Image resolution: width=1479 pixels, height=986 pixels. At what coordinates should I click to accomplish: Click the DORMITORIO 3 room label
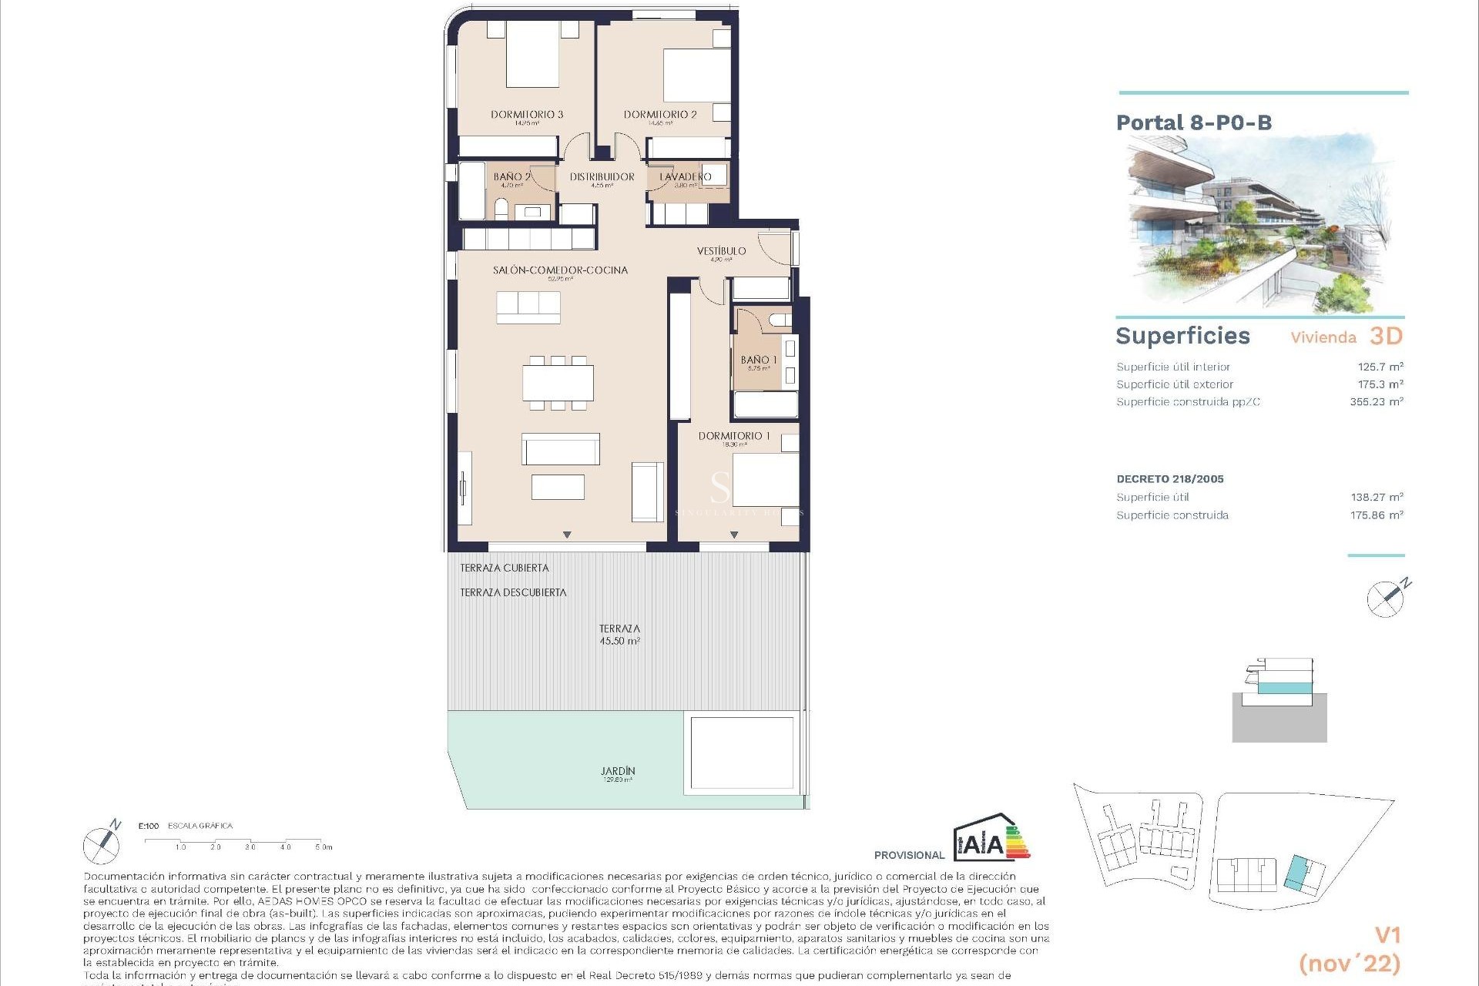coord(527,114)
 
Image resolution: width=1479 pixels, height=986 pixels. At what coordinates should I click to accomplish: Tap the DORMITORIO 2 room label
coord(660,114)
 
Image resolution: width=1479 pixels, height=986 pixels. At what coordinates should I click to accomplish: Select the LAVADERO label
coord(685,176)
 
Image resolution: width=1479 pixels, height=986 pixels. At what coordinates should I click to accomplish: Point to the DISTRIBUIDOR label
coord(602,176)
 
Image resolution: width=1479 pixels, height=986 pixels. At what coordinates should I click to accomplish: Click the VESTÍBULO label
coord(721,251)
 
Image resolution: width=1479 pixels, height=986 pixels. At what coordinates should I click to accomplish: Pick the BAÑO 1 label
coord(758,360)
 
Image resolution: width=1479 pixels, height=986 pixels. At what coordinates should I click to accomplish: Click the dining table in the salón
coord(558,383)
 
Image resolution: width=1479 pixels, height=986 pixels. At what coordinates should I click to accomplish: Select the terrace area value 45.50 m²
coord(619,641)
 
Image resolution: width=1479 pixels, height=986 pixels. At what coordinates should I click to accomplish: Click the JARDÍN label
coord(618,771)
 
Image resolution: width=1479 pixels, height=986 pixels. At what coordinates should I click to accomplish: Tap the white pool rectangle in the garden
coord(742,753)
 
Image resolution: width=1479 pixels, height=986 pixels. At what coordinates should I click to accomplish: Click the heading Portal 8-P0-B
coord(1193,122)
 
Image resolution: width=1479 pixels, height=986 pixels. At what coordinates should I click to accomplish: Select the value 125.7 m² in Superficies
coord(1380,367)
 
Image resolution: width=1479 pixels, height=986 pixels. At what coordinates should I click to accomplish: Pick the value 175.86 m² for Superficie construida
coord(1376,515)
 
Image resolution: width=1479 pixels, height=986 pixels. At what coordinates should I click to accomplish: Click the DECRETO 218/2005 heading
coord(1169,478)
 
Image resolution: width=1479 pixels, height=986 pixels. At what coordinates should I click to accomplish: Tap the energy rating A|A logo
coord(990,840)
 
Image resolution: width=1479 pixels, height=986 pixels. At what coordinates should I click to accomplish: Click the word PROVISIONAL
coord(909,855)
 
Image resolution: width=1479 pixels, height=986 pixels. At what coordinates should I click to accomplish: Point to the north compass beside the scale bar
coord(102,844)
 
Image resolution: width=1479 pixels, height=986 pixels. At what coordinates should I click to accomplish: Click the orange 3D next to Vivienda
coord(1386,336)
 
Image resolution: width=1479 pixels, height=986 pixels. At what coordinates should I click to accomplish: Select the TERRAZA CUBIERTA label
coord(505,568)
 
